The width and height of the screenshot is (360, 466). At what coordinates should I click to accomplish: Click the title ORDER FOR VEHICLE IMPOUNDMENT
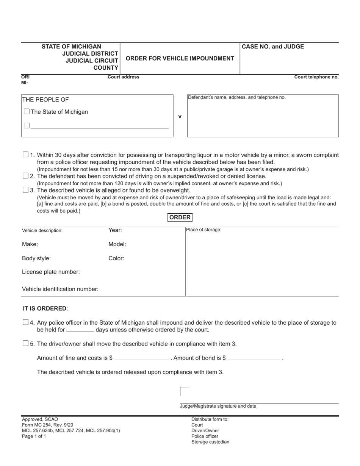(x=180, y=58)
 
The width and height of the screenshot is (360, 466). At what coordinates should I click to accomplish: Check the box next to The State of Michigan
(x=27, y=112)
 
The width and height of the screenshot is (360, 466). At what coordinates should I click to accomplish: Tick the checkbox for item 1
(x=25, y=155)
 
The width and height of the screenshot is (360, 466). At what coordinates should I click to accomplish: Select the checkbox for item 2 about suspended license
(x=25, y=176)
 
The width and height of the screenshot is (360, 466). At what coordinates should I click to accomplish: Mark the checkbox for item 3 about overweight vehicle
(x=25, y=190)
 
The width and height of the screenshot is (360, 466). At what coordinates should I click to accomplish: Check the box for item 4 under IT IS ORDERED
(x=25, y=322)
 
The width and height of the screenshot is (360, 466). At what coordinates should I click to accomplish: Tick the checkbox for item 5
(x=25, y=344)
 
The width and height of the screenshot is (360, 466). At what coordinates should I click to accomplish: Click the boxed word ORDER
(x=180, y=217)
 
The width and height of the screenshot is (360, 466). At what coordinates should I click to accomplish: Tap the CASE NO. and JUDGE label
(x=273, y=47)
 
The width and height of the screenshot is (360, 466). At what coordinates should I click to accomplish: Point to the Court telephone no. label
(x=316, y=77)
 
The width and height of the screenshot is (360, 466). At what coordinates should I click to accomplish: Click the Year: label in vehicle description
(x=115, y=230)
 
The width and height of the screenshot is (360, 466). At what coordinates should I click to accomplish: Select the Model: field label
(x=117, y=244)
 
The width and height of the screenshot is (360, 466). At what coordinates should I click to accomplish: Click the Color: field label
(x=116, y=258)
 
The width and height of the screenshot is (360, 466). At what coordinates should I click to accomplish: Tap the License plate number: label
(x=51, y=272)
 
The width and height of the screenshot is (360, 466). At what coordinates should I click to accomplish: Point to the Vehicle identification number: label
(x=60, y=289)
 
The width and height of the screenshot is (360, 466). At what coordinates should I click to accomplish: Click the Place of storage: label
(x=203, y=230)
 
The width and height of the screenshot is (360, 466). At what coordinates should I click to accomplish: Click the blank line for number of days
(x=80, y=330)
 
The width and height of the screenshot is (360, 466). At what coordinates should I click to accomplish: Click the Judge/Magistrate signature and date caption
(x=218, y=406)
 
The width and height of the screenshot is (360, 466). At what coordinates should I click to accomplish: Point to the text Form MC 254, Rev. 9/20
(x=48, y=425)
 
